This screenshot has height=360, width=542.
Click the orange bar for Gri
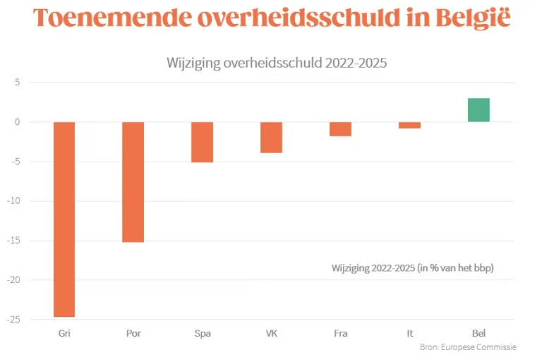(64, 219)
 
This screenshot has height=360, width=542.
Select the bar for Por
(133, 182)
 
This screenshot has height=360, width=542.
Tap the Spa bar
(202, 142)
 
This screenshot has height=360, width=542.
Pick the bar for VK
(271, 138)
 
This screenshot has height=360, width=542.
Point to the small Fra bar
(340, 128)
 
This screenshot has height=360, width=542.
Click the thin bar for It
(409, 125)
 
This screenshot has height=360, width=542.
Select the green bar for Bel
(478, 110)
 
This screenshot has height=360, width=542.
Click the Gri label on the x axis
(64, 333)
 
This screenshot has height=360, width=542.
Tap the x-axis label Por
(133, 333)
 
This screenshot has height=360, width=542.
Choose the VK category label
(271, 333)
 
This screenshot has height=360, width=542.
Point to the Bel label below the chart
(478, 333)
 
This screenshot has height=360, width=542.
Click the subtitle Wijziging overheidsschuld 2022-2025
(277, 62)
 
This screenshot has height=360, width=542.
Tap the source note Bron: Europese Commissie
(468, 347)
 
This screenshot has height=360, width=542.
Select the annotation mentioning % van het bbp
(412, 268)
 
